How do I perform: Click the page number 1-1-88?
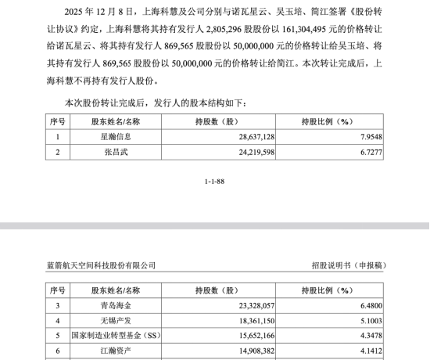click(x=215, y=181)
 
